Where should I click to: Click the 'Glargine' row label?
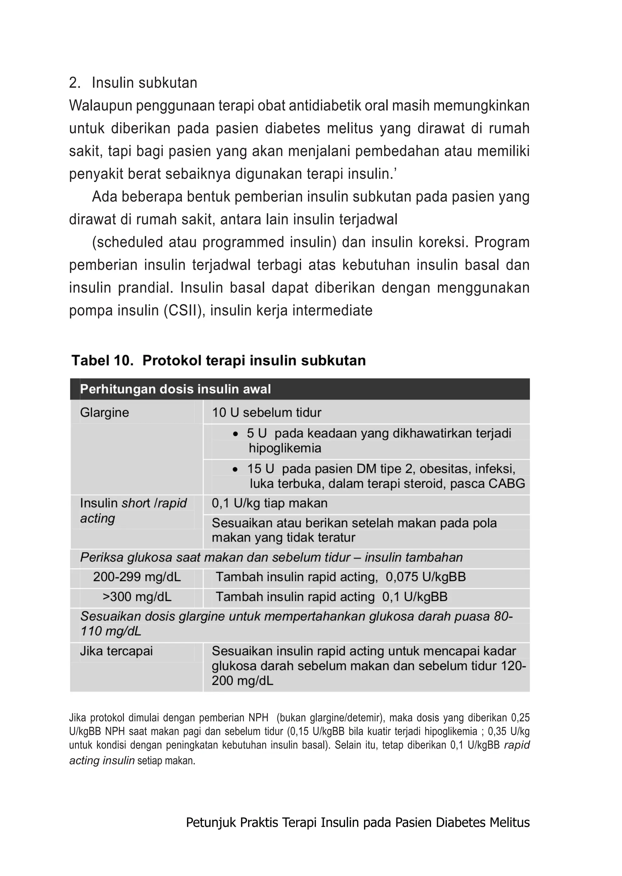104,412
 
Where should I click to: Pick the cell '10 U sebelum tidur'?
267,412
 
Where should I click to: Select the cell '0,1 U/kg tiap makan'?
270,503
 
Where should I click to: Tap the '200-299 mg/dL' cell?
137,577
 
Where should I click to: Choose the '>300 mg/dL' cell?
137,597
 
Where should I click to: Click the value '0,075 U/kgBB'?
425,577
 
